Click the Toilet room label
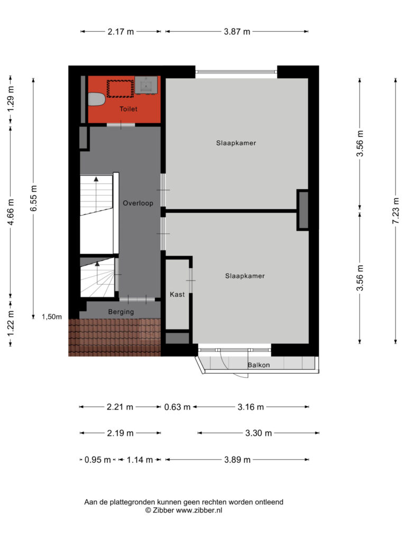coord(128,109)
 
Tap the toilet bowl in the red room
coord(96,100)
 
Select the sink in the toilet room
coord(146,85)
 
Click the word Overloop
coord(138,203)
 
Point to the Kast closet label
coord(177,294)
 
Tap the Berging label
coord(121,312)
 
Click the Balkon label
coord(259,365)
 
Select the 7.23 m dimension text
coord(395,211)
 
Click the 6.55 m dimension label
coord(33,199)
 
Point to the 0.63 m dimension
coord(177,407)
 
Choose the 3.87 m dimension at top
coord(237,32)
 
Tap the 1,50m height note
coord(52,317)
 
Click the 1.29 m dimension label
coord(11,98)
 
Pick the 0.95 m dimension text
coord(98,460)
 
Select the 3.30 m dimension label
coord(259,433)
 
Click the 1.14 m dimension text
coord(140,460)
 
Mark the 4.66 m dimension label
coord(11,212)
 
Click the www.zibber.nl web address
coord(199,510)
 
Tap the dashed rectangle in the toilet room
coord(120,89)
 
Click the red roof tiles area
coord(115,337)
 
